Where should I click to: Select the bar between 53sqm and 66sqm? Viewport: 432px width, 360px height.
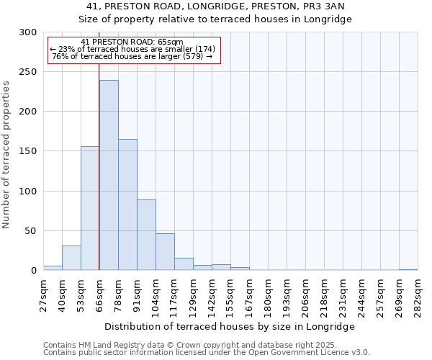[x=90, y=208]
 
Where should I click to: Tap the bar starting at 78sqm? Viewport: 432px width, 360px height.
[x=127, y=204]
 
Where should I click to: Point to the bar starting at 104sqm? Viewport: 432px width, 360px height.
[x=165, y=252]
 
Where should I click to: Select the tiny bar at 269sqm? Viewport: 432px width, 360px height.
[x=408, y=269]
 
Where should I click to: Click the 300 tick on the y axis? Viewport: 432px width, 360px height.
[x=29, y=32]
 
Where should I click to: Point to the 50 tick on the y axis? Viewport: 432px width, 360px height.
[x=31, y=231]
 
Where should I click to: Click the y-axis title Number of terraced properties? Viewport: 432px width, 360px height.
[x=6, y=155]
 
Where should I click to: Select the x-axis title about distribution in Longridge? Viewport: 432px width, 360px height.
[x=230, y=326]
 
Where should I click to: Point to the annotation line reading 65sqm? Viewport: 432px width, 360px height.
[x=132, y=42]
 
